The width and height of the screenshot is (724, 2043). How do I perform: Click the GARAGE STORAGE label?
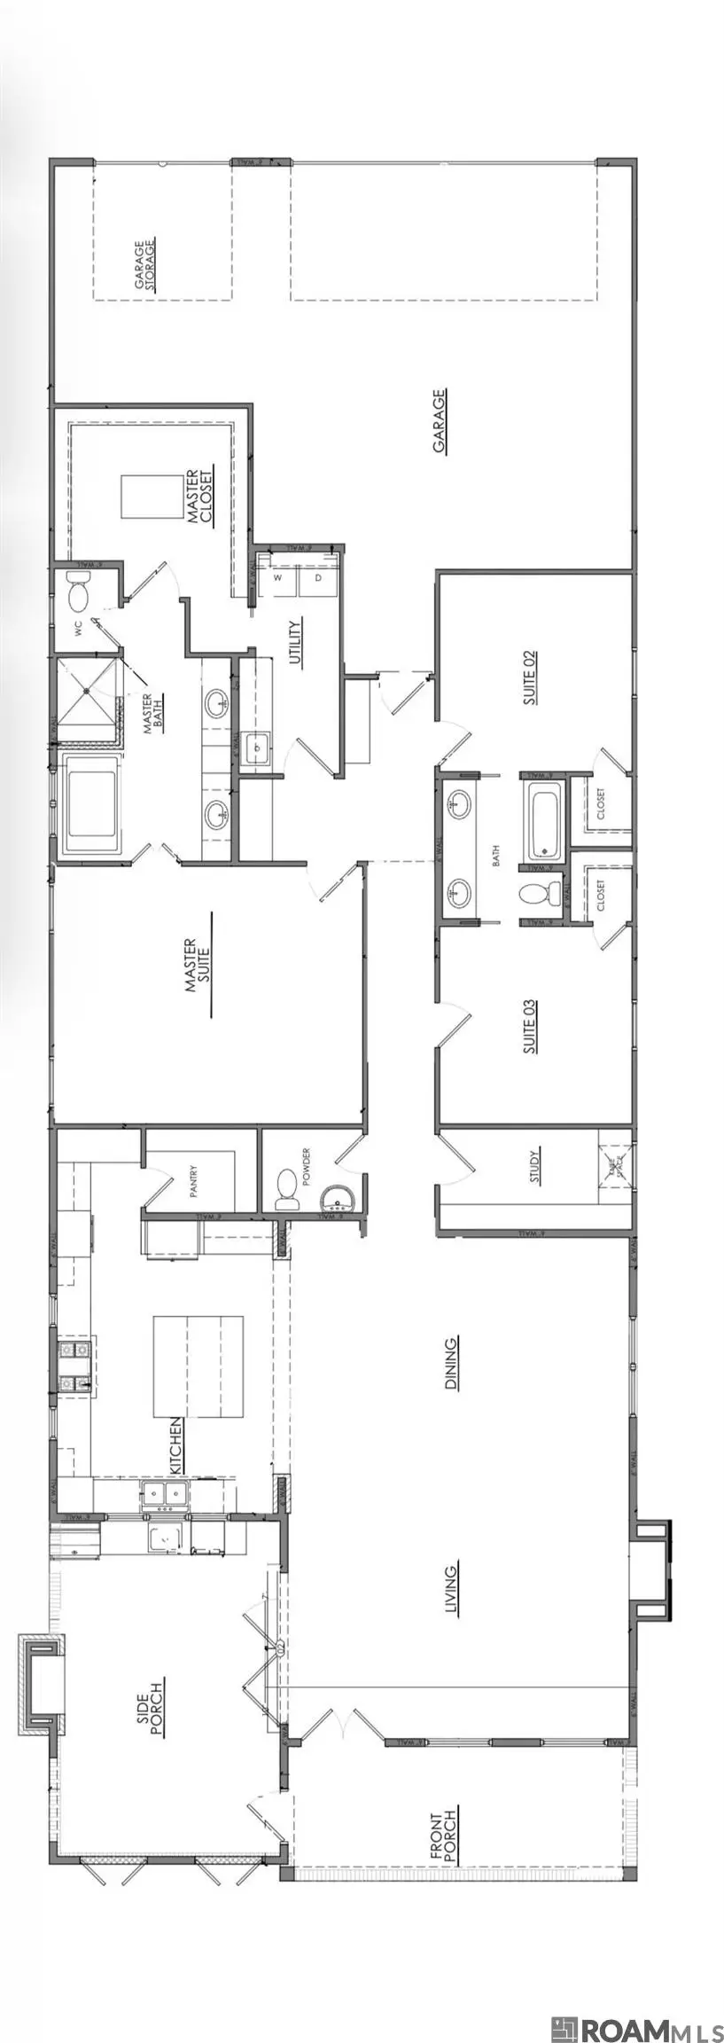coord(145,264)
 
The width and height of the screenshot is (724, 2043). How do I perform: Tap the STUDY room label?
coord(535,1166)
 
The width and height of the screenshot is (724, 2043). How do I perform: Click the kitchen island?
coord(199,1366)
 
